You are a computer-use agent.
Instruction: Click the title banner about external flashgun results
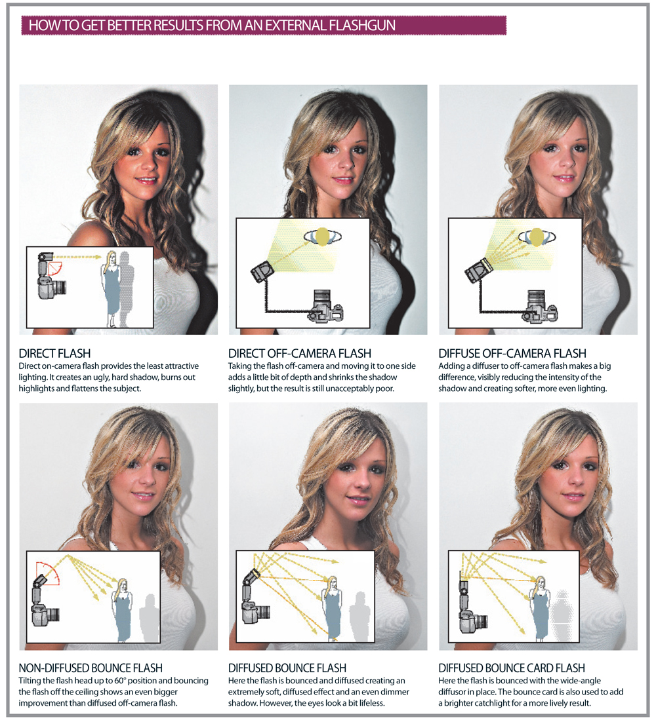264,25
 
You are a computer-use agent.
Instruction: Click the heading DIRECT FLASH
54,354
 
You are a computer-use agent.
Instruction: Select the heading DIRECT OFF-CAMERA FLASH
300,354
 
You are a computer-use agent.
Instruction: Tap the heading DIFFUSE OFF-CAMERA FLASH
512,354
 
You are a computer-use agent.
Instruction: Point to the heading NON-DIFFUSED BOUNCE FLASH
91,668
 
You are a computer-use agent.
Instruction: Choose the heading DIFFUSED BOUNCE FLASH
287,668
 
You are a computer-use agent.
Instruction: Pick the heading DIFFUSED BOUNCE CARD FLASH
512,668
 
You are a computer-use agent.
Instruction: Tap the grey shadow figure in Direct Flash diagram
126,288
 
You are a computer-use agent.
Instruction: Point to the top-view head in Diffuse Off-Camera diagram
536,237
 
